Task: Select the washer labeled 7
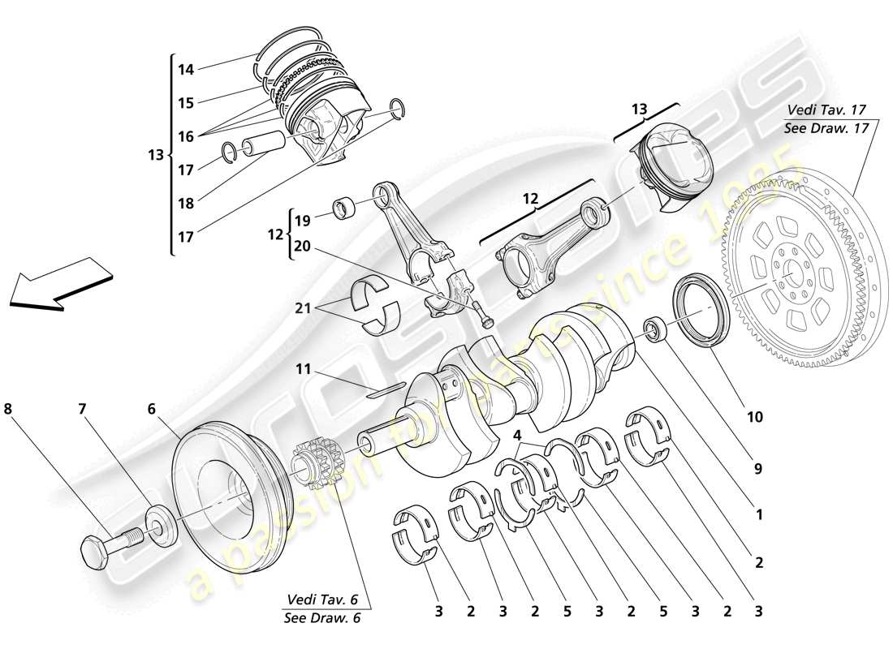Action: click(160, 527)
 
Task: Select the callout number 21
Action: click(303, 307)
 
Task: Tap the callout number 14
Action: click(186, 70)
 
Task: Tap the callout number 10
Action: click(754, 417)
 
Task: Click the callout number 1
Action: click(759, 514)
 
